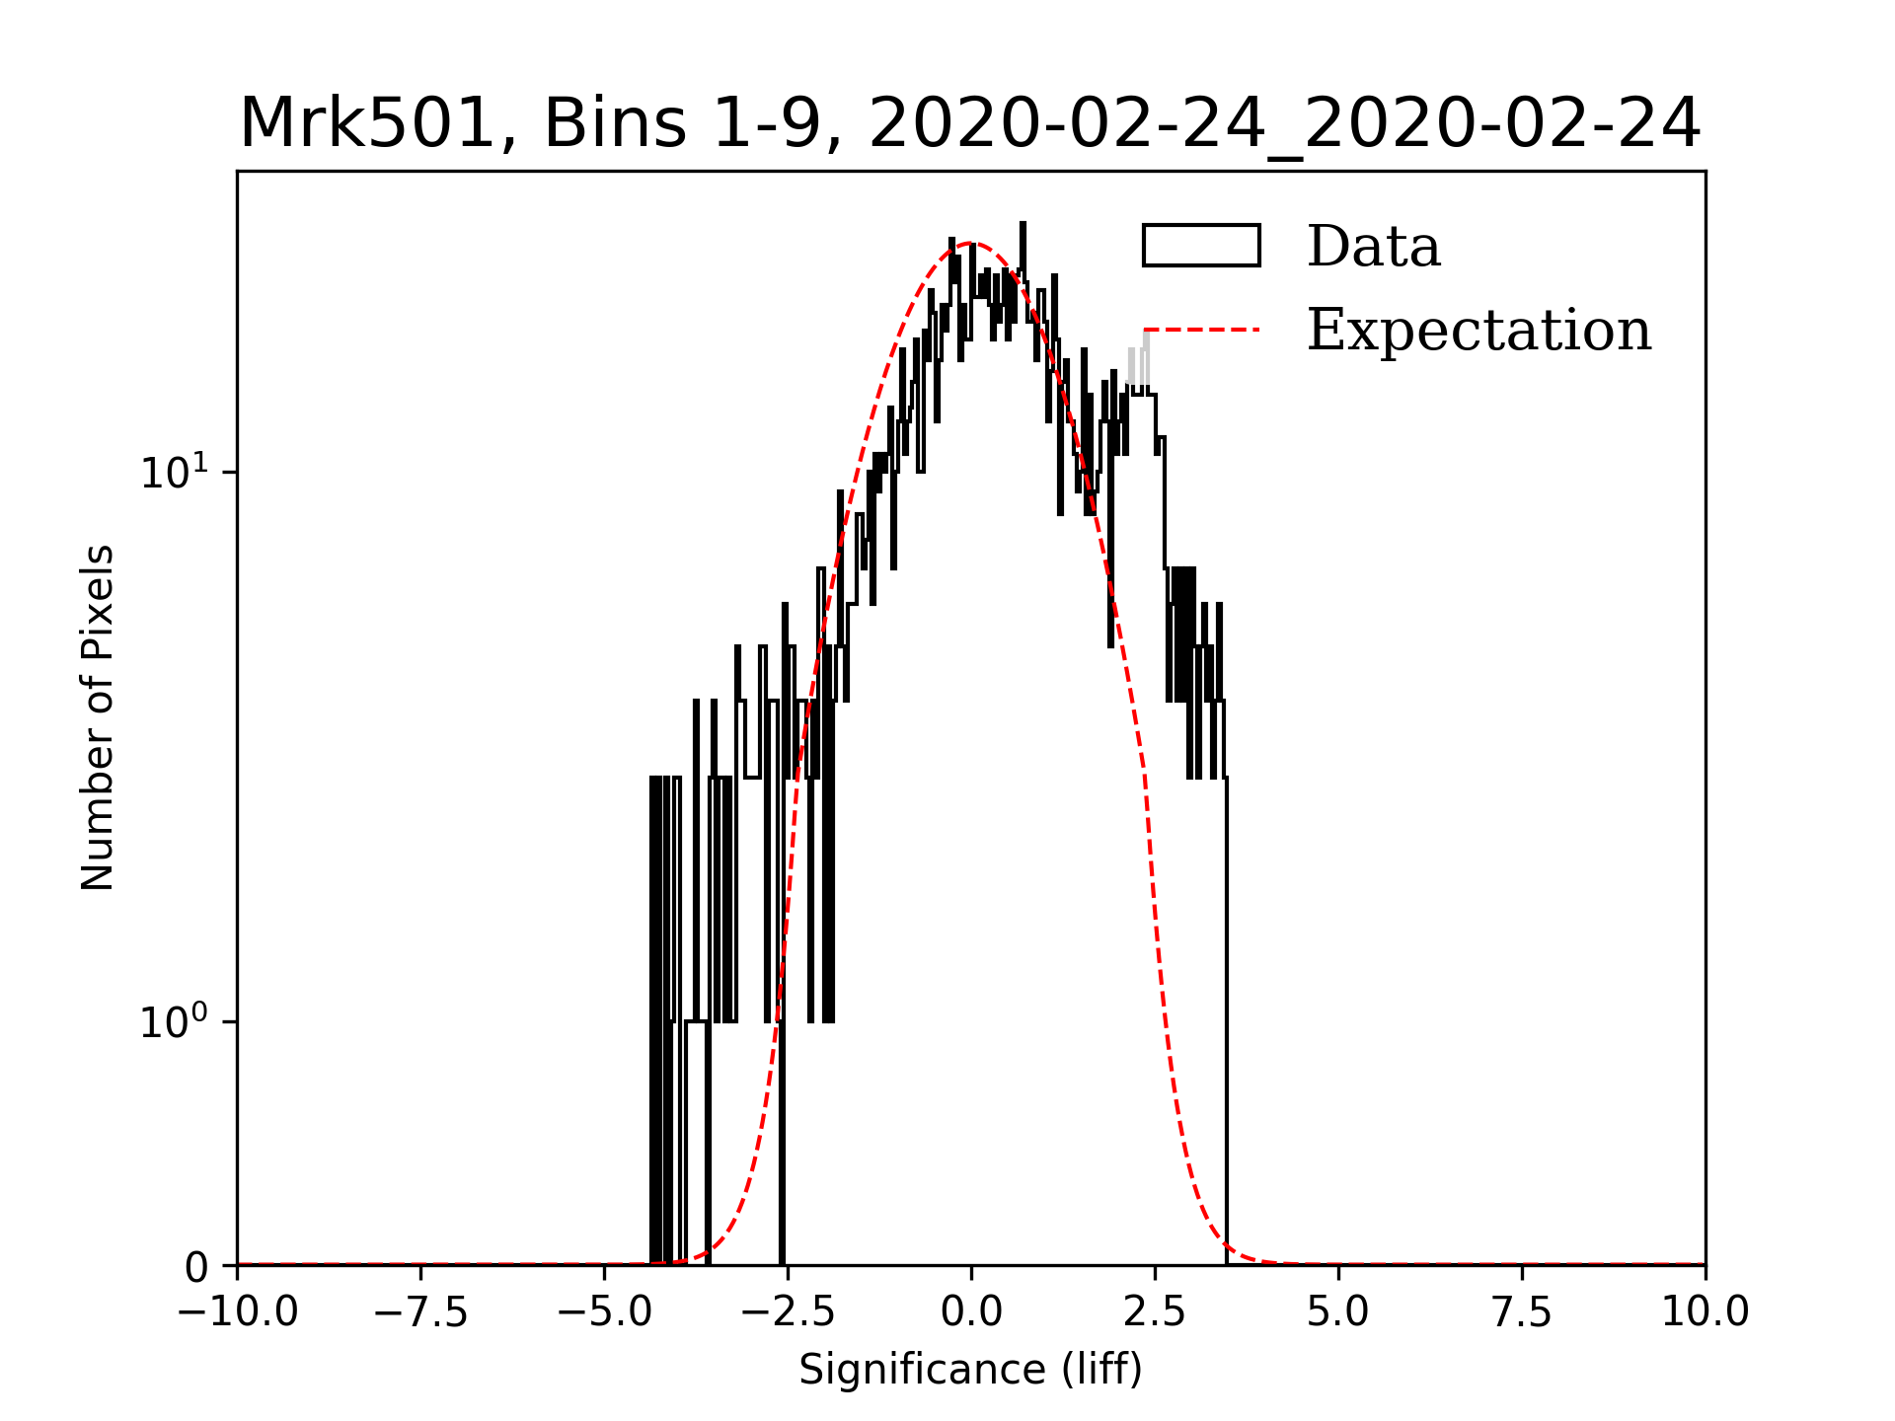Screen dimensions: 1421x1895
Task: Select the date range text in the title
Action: (x=1284, y=124)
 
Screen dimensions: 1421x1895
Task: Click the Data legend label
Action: (x=1373, y=247)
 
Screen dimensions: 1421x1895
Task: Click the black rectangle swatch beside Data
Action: (x=1201, y=246)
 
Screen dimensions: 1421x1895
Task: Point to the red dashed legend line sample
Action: (x=1201, y=330)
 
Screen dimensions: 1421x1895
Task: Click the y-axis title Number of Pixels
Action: (x=98, y=717)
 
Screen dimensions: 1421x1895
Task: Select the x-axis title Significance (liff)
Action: (x=970, y=1370)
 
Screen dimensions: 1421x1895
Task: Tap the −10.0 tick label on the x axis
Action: (x=237, y=1312)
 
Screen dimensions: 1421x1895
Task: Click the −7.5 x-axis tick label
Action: (x=420, y=1312)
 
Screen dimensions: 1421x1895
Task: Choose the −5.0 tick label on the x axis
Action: (x=604, y=1312)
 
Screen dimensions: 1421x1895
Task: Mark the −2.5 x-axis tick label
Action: (x=788, y=1312)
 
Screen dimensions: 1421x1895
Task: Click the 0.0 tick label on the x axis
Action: (x=971, y=1312)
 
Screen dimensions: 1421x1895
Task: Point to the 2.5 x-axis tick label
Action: (x=1155, y=1312)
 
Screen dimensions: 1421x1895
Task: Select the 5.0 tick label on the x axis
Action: (x=1338, y=1312)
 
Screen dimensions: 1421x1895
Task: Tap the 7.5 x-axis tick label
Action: (x=1522, y=1312)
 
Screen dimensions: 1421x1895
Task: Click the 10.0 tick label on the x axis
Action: (x=1705, y=1312)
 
